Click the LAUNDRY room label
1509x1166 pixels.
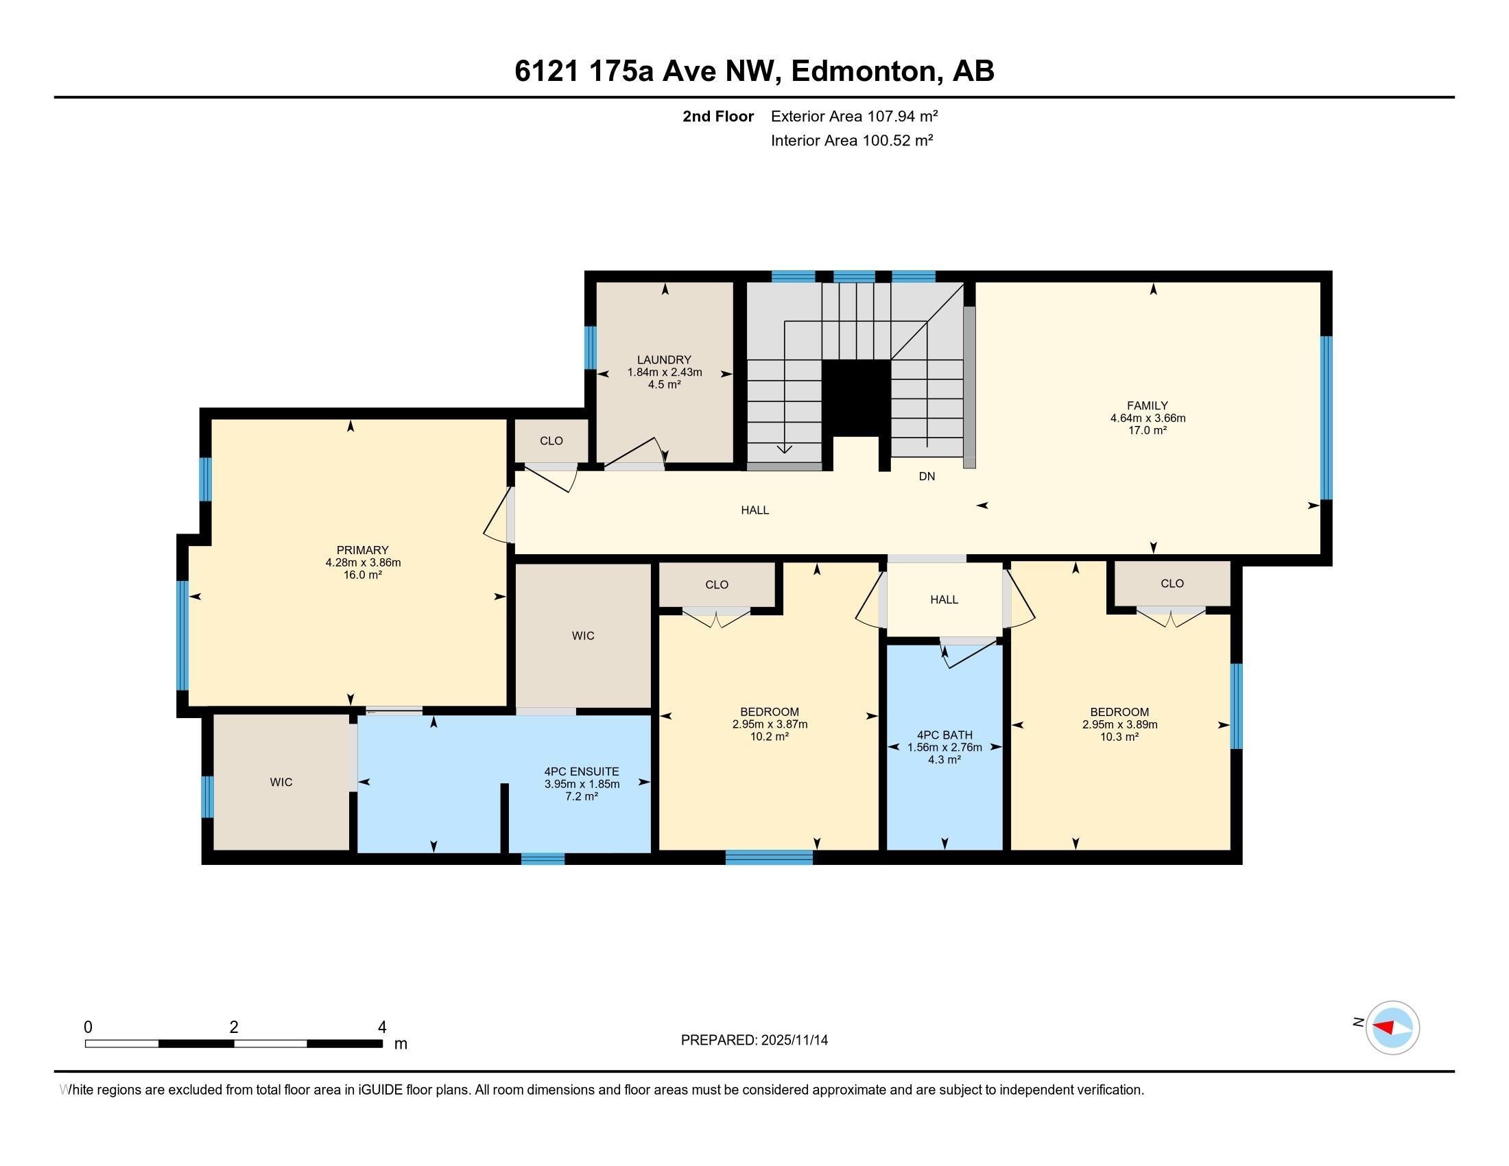(x=664, y=360)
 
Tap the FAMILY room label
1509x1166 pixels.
(x=1147, y=406)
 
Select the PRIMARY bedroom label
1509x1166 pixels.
(x=363, y=551)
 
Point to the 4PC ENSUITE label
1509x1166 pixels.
(x=582, y=772)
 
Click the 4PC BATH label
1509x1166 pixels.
(x=944, y=735)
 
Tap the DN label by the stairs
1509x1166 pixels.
(x=927, y=477)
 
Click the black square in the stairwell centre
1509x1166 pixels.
(x=856, y=397)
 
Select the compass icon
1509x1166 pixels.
(x=1392, y=1027)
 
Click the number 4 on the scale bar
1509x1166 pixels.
(x=382, y=1027)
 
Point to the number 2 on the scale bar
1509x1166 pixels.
(x=234, y=1027)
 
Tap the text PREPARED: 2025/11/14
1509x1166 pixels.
(x=754, y=1040)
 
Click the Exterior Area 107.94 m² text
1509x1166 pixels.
(x=855, y=116)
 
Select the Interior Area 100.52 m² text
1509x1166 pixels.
(x=852, y=140)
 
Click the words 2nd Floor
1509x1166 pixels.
(x=718, y=116)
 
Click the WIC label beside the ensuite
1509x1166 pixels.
(x=281, y=782)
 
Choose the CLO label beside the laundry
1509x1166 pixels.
(x=551, y=441)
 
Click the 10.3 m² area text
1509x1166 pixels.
(x=1119, y=737)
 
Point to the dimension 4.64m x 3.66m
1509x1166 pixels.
(x=1148, y=418)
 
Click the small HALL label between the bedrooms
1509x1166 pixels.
(x=944, y=599)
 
